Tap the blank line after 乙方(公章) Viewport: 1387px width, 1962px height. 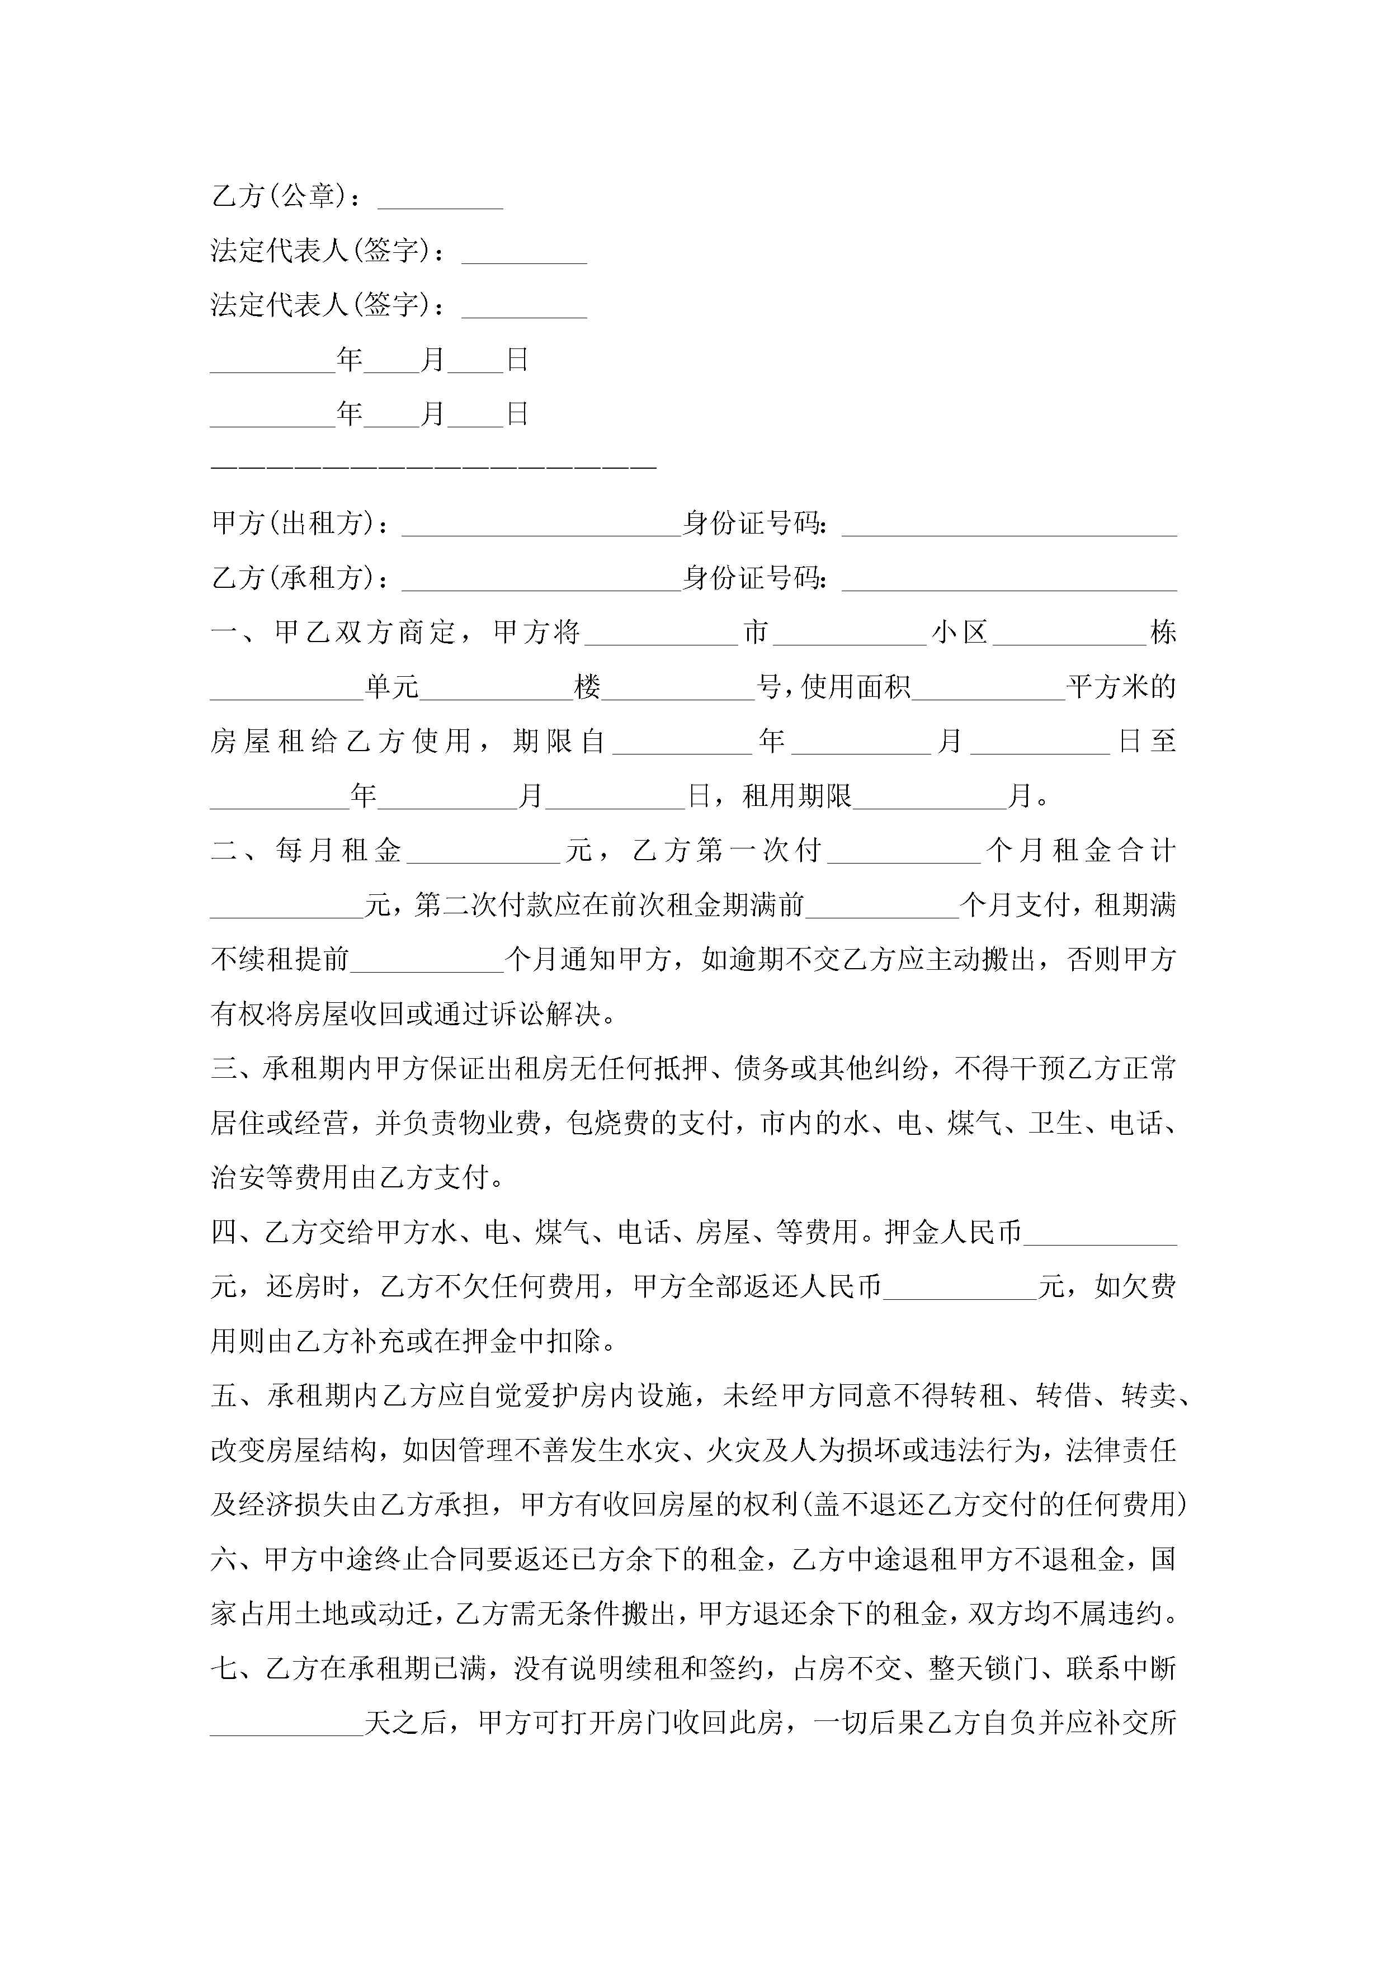tap(440, 202)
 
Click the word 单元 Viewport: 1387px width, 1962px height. tap(391, 687)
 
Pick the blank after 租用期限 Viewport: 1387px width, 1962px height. tap(930, 801)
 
